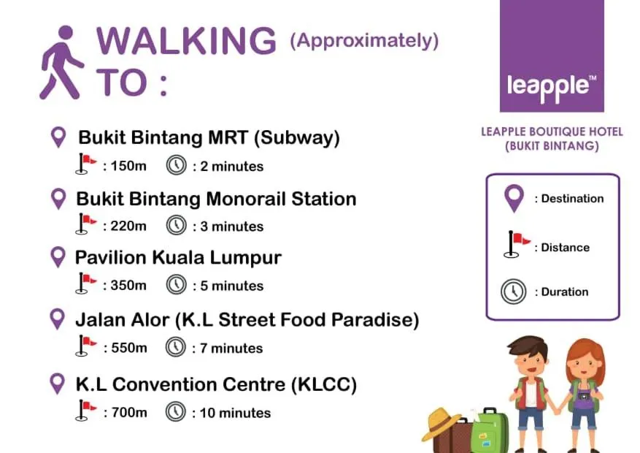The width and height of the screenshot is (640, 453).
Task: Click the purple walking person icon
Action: click(61, 62)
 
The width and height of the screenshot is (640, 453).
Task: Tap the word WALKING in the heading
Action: click(187, 40)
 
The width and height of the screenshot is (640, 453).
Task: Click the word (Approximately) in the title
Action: click(364, 40)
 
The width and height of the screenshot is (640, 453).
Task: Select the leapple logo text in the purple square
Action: click(551, 87)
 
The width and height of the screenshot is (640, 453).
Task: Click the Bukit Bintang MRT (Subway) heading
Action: click(209, 137)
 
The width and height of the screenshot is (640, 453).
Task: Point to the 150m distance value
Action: click(128, 166)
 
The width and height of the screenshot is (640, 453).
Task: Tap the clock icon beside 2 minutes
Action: click(177, 165)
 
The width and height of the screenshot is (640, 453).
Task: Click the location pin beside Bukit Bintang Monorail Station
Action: click(58, 199)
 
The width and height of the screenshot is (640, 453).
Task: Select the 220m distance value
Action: click(128, 226)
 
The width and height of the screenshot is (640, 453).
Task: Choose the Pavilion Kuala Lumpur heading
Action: click(178, 258)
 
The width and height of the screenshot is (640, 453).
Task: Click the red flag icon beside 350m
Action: click(86, 283)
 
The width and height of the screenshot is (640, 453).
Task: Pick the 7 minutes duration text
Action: click(231, 349)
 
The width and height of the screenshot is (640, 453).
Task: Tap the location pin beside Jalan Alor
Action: click(57, 319)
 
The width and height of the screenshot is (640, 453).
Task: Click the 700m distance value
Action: click(129, 413)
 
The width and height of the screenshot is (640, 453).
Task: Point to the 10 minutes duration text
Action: click(235, 413)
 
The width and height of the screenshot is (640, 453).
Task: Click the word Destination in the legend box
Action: click(572, 199)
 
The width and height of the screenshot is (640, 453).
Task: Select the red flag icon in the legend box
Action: click(517, 244)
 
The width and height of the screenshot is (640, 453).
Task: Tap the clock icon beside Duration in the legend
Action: click(514, 292)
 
